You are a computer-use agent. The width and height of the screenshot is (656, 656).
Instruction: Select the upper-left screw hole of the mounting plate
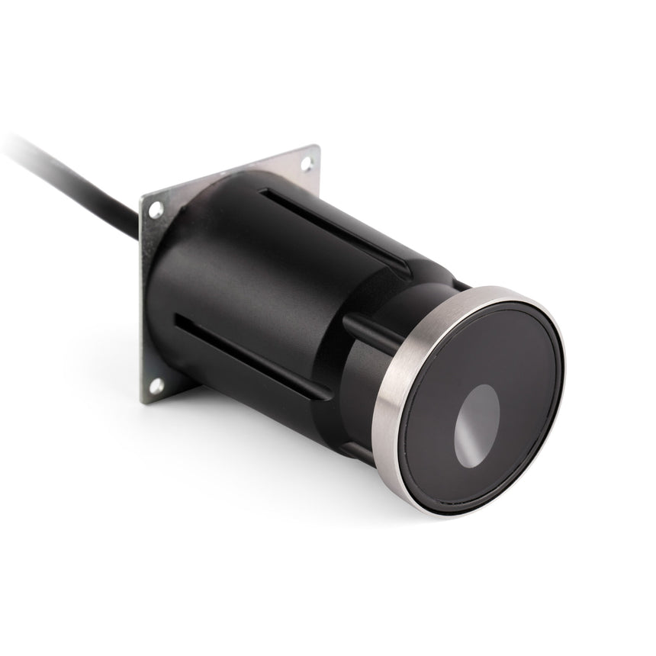pyautogui.click(x=156, y=207)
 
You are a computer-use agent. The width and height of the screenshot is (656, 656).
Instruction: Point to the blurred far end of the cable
pyautogui.click(x=15, y=145)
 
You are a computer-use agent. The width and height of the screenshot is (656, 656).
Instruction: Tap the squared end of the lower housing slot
pyautogui.click(x=177, y=320)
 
